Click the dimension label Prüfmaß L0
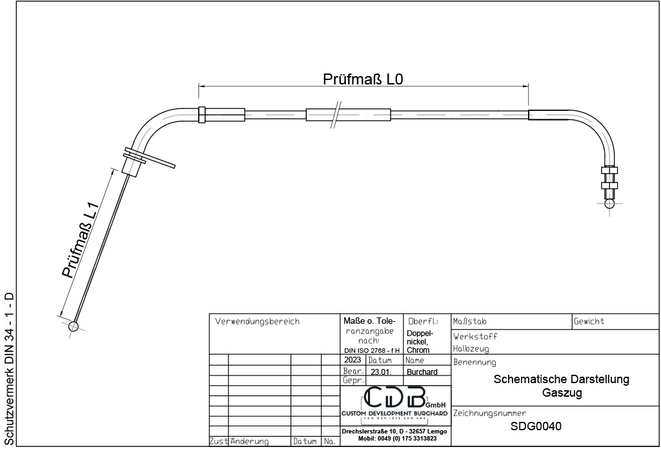pos(363,79)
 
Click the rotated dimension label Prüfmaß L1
pos(80,241)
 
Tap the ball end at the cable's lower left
pos(74,326)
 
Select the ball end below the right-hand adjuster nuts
pos(609,204)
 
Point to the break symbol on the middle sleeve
pos(336,115)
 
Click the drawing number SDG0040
pos(536,426)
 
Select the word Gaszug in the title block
pos(562,393)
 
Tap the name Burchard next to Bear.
pos(422,372)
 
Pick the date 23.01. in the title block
pos(381,372)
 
